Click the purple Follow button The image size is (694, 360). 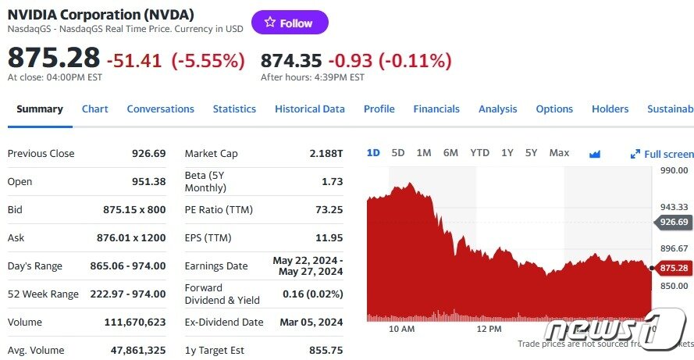(290, 23)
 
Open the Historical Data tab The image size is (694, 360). (309, 109)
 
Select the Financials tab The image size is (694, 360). (436, 109)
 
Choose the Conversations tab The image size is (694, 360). (160, 109)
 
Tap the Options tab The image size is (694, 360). (554, 109)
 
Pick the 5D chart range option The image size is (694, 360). (398, 153)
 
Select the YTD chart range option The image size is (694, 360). (479, 153)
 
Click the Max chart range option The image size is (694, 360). (559, 153)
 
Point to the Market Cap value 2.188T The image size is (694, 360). (326, 154)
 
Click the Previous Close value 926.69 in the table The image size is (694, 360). (148, 154)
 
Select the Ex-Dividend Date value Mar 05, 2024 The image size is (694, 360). (311, 322)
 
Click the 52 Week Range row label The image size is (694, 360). (43, 294)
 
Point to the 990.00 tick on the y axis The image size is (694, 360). (674, 169)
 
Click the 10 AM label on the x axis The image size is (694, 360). (401, 329)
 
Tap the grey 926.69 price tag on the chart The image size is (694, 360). (673, 223)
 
